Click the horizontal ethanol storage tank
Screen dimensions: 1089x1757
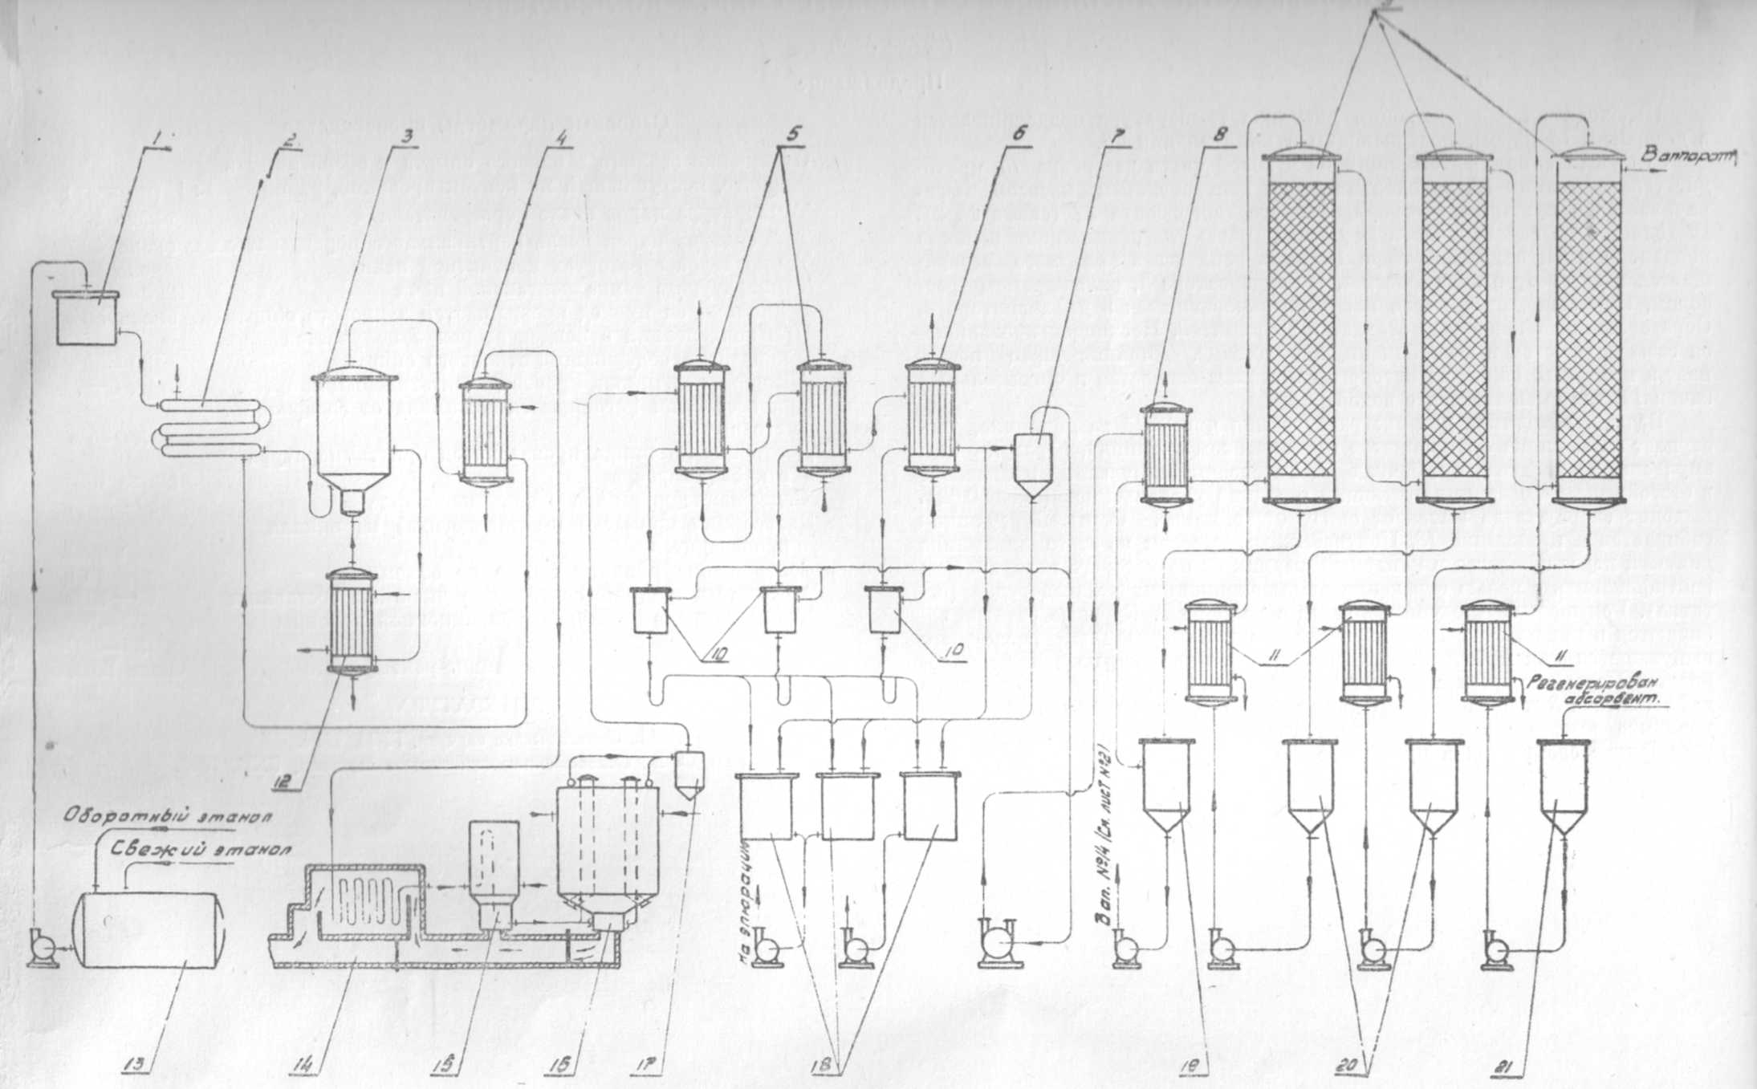(x=148, y=930)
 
